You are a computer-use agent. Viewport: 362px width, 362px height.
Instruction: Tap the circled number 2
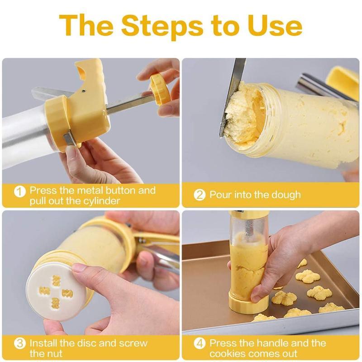(x=200, y=195)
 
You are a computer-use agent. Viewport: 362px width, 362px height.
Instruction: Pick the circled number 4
(x=200, y=343)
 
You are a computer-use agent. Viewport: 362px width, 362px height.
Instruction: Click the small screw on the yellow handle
(x=84, y=90)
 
